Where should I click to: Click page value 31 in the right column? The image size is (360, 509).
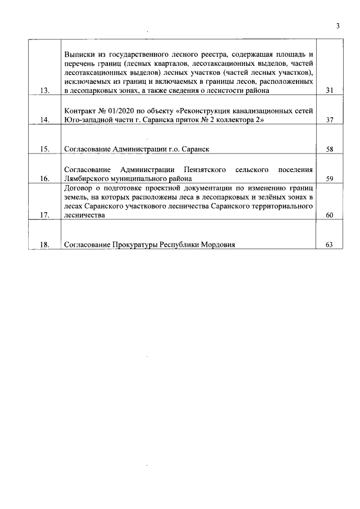(x=330, y=91)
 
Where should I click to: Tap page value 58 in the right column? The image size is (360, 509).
(x=330, y=149)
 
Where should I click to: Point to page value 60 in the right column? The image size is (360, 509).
(x=330, y=215)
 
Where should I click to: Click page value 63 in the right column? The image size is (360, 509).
(x=330, y=245)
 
